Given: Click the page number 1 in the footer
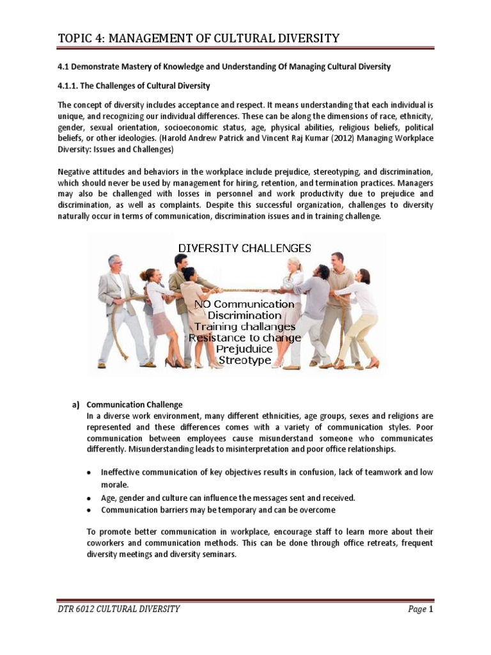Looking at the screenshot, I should (x=432, y=610).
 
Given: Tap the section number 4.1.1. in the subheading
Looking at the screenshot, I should (x=70, y=85).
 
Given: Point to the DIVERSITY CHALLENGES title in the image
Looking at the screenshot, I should (x=245, y=248).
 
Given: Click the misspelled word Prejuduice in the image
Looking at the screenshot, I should (x=244, y=349).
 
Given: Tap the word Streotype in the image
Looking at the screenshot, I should (x=244, y=361).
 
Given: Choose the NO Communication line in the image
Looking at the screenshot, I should (x=244, y=304).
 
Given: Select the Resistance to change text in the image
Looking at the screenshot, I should (x=244, y=338).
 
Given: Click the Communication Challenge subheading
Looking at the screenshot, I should (x=135, y=405).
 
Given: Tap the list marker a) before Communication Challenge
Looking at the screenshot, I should (x=75, y=405).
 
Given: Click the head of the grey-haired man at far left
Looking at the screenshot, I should (x=114, y=263).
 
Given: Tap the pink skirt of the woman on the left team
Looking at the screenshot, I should (x=162, y=324).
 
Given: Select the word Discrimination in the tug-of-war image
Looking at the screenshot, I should (x=244, y=316).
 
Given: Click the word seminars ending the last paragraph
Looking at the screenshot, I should (x=219, y=555).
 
